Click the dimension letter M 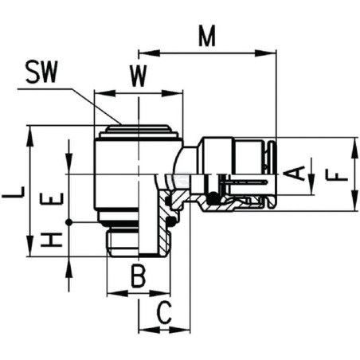click(x=207, y=36)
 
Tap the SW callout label click(x=41, y=72)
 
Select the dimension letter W click(x=138, y=76)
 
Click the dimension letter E click(x=52, y=199)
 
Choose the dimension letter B click(x=139, y=276)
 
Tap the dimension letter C click(x=165, y=313)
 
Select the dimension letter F click(x=336, y=177)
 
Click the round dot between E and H click(x=68, y=222)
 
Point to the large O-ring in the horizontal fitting click(x=213, y=198)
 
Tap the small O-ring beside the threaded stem click(x=172, y=221)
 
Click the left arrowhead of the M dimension click(x=149, y=53)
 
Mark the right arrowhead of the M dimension click(x=265, y=53)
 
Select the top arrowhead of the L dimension click(x=30, y=136)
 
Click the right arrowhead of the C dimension click(x=179, y=331)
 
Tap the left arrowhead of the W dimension click(x=105, y=93)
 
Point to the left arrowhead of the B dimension click(x=117, y=293)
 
